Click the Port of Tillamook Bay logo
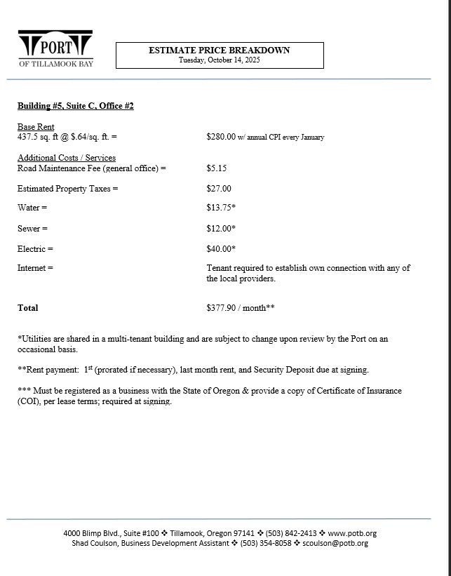(55, 48)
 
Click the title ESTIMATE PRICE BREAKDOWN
(219, 51)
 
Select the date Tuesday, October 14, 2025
(219, 60)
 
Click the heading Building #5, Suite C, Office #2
(75, 106)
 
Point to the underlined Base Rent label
(36, 127)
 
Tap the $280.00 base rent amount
(221, 137)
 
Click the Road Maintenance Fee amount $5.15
(216, 168)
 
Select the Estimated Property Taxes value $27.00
(218, 189)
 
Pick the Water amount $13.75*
(221, 208)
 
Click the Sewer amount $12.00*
(221, 229)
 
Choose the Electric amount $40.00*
(221, 249)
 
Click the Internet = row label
(35, 268)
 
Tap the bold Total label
(28, 308)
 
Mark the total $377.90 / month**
(241, 308)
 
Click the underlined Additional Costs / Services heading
(67, 158)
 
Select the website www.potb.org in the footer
(352, 533)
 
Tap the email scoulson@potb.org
(335, 543)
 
